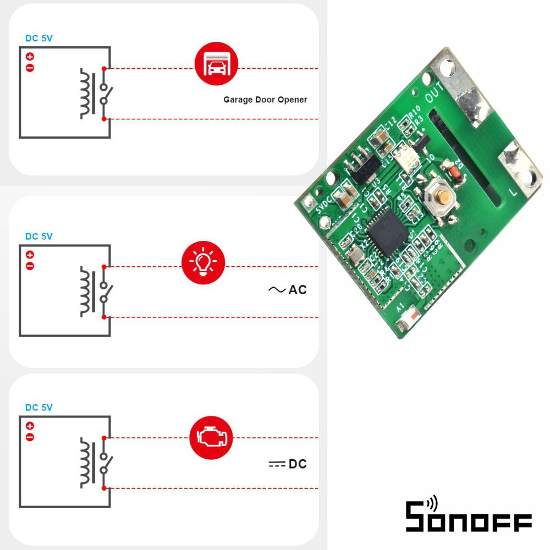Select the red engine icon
pyautogui.click(x=211, y=438)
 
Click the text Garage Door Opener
pyautogui.click(x=265, y=100)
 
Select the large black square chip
pyautogui.click(x=389, y=233)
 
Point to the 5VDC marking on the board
pyautogui.click(x=324, y=205)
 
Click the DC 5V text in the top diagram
pyautogui.click(x=39, y=38)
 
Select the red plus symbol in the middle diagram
pyautogui.click(x=30, y=255)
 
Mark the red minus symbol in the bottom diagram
pyautogui.click(x=30, y=437)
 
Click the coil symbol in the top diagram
pyautogui.click(x=86, y=94)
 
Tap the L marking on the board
pyautogui.click(x=513, y=193)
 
